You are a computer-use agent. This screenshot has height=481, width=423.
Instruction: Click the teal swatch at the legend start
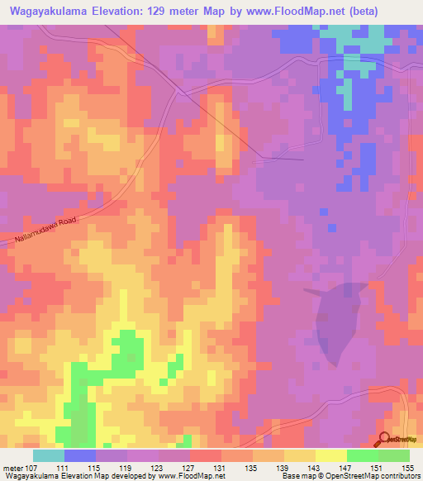(x=49, y=455)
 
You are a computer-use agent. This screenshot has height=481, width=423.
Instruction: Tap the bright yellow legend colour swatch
(x=331, y=455)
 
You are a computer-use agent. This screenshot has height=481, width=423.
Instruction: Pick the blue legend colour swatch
(x=80, y=455)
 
